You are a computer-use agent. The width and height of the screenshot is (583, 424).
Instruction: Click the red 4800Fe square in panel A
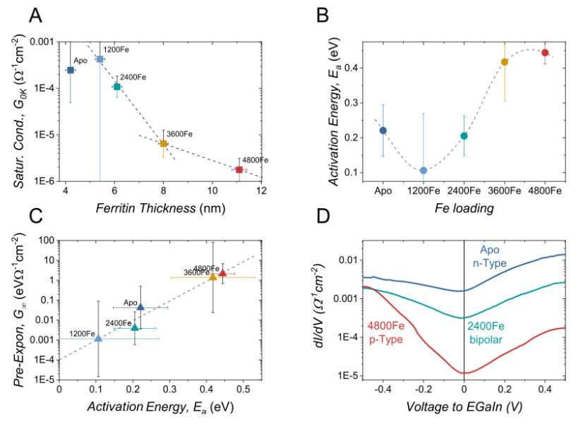click(239, 169)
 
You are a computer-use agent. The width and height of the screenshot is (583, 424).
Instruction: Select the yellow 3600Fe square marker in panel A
click(163, 143)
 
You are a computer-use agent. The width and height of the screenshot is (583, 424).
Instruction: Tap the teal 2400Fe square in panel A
click(117, 86)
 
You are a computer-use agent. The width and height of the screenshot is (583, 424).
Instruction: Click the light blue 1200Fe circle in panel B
click(423, 171)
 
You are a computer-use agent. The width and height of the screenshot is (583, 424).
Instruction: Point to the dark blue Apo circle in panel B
click(383, 131)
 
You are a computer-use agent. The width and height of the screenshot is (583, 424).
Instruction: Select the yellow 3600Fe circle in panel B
click(505, 62)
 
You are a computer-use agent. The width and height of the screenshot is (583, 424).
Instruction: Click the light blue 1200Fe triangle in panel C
click(98, 339)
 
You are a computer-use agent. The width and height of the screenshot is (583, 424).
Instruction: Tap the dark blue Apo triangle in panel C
click(140, 307)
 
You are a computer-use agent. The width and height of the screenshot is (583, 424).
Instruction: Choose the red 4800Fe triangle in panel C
click(223, 273)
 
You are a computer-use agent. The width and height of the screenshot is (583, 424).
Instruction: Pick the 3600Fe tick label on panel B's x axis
click(504, 191)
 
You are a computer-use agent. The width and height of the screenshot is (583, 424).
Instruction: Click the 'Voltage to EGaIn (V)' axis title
click(464, 407)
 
